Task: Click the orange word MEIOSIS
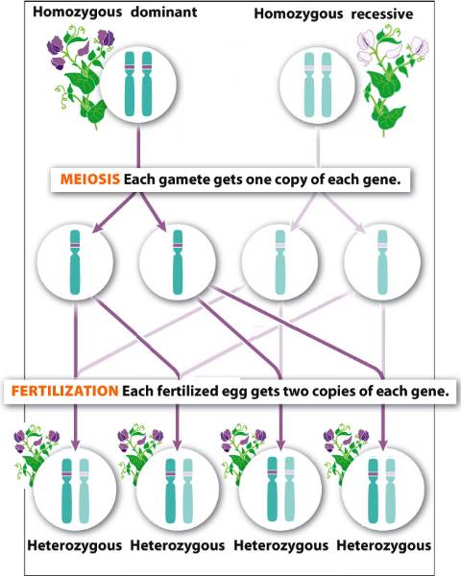click(x=90, y=180)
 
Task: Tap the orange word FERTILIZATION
click(x=64, y=391)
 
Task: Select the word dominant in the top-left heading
click(x=164, y=12)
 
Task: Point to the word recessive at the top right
click(x=382, y=14)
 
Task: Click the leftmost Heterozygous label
click(x=75, y=545)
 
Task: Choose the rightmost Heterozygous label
click(x=384, y=545)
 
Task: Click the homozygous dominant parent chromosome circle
click(x=138, y=84)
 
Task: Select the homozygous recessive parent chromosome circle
click(x=318, y=84)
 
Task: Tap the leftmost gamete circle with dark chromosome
click(x=75, y=261)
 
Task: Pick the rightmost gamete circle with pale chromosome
click(x=382, y=261)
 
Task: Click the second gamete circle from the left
click(x=178, y=261)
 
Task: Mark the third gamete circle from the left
click(x=280, y=261)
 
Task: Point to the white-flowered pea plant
click(x=391, y=79)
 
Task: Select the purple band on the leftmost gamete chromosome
click(x=75, y=245)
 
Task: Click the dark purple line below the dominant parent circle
click(x=138, y=146)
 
